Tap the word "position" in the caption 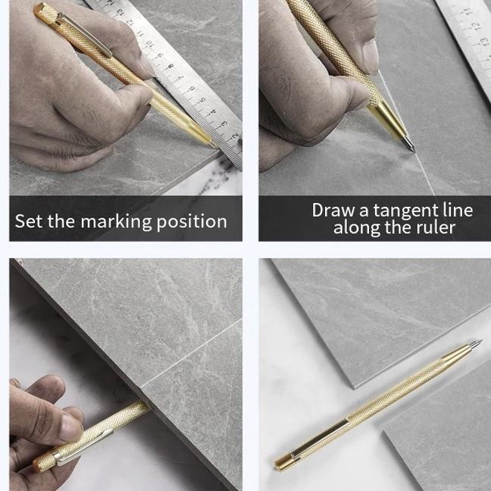(x=192, y=222)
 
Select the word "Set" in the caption (x=29, y=221)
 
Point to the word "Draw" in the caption (x=334, y=210)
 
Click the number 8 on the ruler (x=170, y=66)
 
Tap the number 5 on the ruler (x=202, y=100)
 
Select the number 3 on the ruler (x=224, y=124)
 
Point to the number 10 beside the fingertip (x=149, y=43)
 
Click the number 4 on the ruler (x=213, y=112)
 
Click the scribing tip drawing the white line (x=414, y=151)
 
